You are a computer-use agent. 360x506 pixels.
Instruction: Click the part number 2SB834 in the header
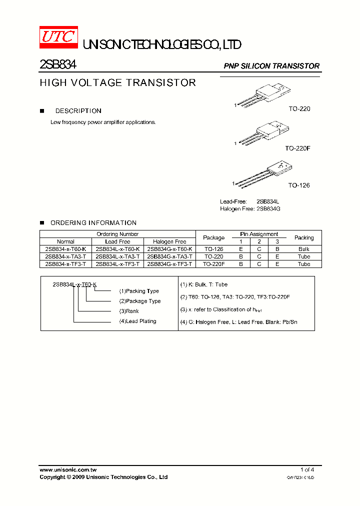coord(57,64)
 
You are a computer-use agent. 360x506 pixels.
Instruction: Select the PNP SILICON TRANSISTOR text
coord(271,66)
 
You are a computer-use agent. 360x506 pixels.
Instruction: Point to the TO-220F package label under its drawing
coord(298,148)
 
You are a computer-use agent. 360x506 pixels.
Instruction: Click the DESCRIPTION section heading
coord(78,111)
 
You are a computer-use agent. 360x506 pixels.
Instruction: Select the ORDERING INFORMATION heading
coord(93,223)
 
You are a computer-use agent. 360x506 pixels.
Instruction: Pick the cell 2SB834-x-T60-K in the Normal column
coord(65,249)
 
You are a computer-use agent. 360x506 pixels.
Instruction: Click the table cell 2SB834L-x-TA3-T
coord(117,256)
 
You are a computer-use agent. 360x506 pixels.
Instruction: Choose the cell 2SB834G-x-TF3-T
coord(169,264)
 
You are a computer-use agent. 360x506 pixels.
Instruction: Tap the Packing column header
coord(304,237)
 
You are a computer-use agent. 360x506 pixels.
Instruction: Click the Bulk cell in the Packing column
coord(304,249)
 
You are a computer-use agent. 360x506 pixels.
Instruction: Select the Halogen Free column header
coord(169,241)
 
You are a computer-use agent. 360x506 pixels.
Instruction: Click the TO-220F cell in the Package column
coord(214,264)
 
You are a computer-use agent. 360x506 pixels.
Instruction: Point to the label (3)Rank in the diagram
coord(129,311)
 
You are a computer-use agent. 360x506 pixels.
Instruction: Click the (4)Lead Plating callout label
coord(137,321)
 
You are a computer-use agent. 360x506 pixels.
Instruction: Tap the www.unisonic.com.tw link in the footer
coord(68,469)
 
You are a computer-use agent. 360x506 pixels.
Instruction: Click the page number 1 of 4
coord(307,469)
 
